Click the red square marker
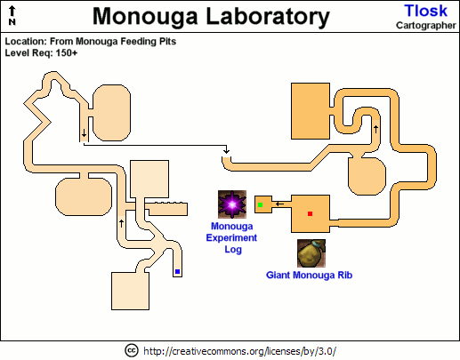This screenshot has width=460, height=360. click(x=310, y=213)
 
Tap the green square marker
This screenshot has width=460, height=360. click(x=261, y=204)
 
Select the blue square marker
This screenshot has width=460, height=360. click(x=177, y=271)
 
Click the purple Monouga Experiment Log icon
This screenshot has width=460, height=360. click(x=232, y=204)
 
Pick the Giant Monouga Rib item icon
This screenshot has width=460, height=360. click(x=311, y=253)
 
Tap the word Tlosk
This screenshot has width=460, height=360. click(x=425, y=11)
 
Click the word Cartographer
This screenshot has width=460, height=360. click(x=426, y=26)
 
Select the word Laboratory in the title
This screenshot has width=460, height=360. click(x=268, y=16)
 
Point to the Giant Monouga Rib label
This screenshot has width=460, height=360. click(x=309, y=275)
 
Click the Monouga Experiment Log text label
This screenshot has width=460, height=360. click(x=231, y=237)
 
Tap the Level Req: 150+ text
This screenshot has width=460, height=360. click(x=41, y=53)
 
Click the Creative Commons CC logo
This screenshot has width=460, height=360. click(x=132, y=351)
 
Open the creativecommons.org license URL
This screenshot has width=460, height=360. click(x=239, y=351)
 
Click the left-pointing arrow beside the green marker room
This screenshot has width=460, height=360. click(x=279, y=204)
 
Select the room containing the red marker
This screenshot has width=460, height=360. click(x=311, y=213)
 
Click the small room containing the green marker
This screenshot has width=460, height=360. click(x=263, y=204)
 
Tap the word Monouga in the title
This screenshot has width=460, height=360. click(x=145, y=16)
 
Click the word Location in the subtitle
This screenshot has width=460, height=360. click(x=24, y=42)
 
